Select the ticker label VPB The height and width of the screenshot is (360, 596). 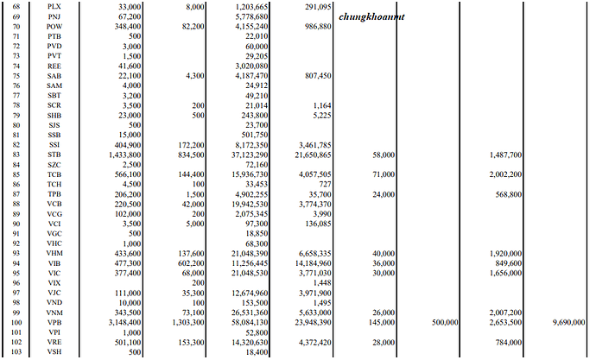(54, 321)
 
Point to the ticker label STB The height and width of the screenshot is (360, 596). (54, 155)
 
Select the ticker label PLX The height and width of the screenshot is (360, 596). (54, 6)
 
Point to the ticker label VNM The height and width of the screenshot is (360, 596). (54, 312)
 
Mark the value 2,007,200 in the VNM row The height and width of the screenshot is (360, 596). (504, 312)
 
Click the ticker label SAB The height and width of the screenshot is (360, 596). (54, 76)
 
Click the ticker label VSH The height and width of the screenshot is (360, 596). (54, 351)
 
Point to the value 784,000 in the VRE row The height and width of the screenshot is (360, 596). (508, 341)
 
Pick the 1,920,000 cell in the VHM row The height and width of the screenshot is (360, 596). (504, 253)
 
